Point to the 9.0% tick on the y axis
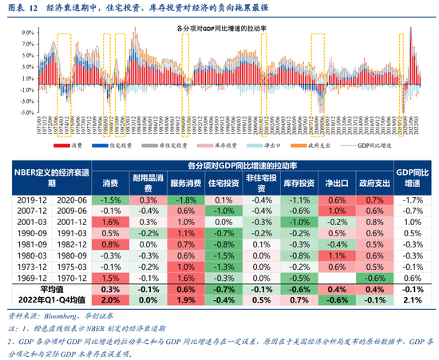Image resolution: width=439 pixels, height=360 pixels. [x=27, y=34]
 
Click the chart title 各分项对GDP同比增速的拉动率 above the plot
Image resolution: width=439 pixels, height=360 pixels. [x=219, y=28]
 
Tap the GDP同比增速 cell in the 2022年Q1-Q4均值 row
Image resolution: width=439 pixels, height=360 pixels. [x=413, y=299]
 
